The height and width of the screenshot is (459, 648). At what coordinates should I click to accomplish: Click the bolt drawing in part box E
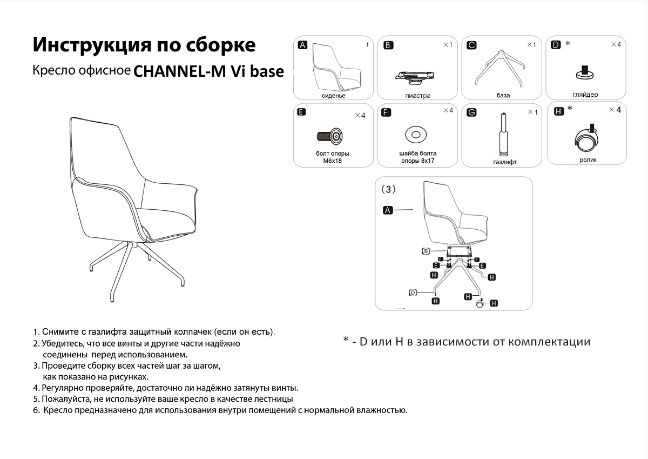[330, 136]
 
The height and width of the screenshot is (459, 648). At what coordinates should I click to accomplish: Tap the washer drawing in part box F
[416, 135]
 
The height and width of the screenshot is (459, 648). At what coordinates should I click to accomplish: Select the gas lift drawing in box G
[504, 135]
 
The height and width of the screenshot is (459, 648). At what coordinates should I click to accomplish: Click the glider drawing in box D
[585, 72]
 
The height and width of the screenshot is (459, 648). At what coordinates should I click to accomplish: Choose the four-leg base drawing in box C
[500, 68]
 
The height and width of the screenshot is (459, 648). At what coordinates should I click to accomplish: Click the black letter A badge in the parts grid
[302, 45]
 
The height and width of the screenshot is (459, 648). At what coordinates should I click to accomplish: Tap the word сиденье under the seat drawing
[334, 96]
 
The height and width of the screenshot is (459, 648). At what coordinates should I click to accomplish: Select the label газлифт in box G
[505, 162]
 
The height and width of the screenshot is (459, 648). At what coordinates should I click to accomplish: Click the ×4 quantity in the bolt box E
[360, 115]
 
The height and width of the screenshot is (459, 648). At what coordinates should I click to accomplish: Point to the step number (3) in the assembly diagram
[388, 189]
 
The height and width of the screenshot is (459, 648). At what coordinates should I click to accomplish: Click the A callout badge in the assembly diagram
[388, 210]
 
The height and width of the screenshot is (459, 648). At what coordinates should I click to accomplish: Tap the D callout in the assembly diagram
[413, 293]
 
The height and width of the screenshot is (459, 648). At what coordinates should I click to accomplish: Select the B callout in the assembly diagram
[426, 251]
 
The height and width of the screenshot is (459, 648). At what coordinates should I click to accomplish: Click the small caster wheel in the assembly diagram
[480, 303]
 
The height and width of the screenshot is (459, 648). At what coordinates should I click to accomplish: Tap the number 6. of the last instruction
[36, 410]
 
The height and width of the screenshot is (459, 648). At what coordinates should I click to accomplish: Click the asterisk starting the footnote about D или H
[346, 340]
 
